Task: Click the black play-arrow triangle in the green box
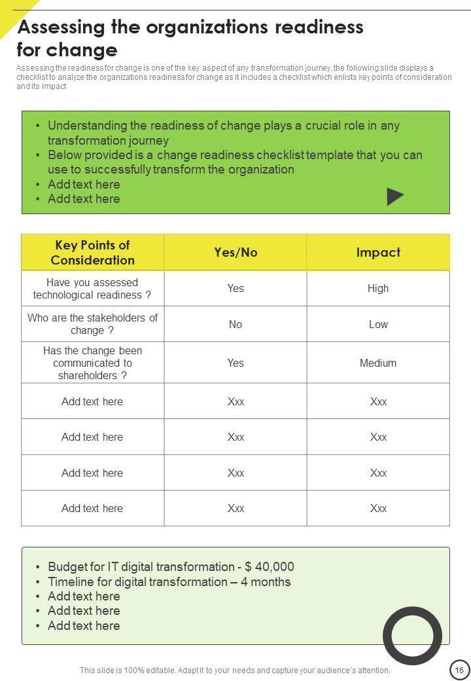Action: pyautogui.click(x=394, y=196)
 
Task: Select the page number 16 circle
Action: pyautogui.click(x=459, y=670)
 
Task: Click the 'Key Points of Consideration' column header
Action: pyautogui.click(x=92, y=253)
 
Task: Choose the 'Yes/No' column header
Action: pyautogui.click(x=235, y=253)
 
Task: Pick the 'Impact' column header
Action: pyautogui.click(x=378, y=253)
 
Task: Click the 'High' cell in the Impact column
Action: pyautogui.click(x=378, y=288)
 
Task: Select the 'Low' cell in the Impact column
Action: pyautogui.click(x=378, y=324)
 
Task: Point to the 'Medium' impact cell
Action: pyautogui.click(x=378, y=363)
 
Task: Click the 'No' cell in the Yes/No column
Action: pyautogui.click(x=235, y=324)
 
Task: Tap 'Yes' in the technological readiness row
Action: pyautogui.click(x=235, y=288)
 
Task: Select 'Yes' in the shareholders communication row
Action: pyautogui.click(x=235, y=363)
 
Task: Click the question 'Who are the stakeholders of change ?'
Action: pyautogui.click(x=92, y=324)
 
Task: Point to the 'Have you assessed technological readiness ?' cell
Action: pyautogui.click(x=92, y=289)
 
